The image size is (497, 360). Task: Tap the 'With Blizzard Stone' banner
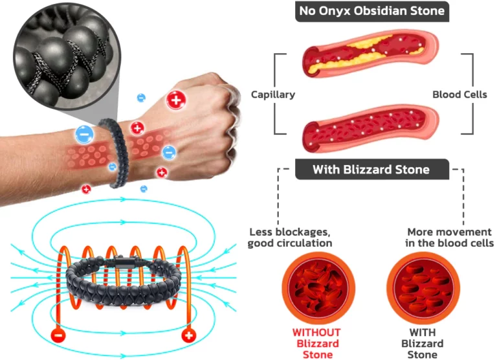click(371, 170)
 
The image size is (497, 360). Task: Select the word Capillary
click(273, 95)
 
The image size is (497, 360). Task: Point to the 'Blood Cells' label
click(459, 95)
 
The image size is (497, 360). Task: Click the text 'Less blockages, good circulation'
click(290, 238)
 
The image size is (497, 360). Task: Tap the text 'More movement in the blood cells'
click(449, 238)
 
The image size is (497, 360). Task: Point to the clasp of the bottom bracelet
click(125, 264)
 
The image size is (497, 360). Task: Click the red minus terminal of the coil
click(59, 336)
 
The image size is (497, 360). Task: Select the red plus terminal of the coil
click(189, 336)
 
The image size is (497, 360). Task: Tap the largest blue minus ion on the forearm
click(85, 134)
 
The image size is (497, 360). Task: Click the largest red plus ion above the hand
click(175, 100)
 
